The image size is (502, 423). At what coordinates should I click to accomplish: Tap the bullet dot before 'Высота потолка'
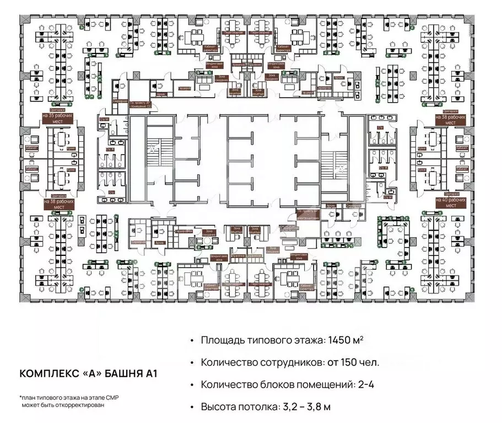tap(191, 407)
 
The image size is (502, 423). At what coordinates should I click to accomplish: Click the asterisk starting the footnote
tap(20, 397)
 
